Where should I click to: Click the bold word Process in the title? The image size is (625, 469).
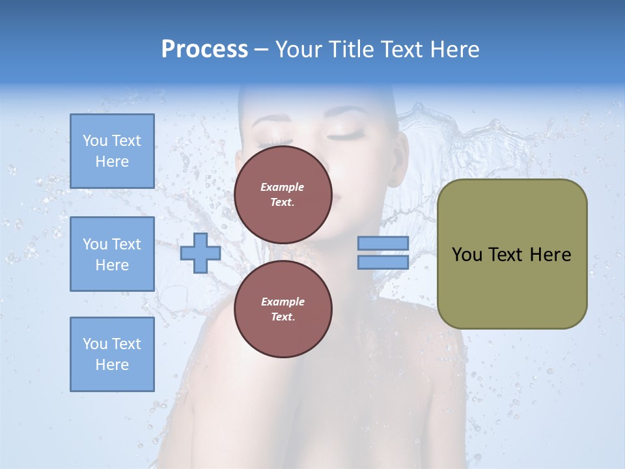pyautogui.click(x=204, y=50)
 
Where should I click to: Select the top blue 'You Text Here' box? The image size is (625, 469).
pyautogui.click(x=112, y=151)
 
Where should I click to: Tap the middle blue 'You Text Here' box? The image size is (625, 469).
pyautogui.click(x=112, y=254)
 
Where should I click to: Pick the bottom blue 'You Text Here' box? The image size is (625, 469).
pyautogui.click(x=112, y=354)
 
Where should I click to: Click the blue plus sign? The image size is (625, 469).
pyautogui.click(x=201, y=253)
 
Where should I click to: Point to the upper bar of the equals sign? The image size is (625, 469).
pyautogui.click(x=383, y=243)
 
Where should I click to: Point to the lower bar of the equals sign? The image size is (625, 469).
pyautogui.click(x=383, y=262)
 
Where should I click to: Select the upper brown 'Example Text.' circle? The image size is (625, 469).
pyautogui.click(x=283, y=195)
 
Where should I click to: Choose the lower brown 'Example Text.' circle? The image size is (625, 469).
pyautogui.click(x=283, y=309)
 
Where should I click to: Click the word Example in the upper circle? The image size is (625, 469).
pyautogui.click(x=283, y=187)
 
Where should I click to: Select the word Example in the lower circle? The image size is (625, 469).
pyautogui.click(x=283, y=302)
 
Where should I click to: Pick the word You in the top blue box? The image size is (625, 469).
pyautogui.click(x=95, y=141)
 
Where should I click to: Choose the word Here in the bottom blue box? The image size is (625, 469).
pyautogui.click(x=112, y=365)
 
